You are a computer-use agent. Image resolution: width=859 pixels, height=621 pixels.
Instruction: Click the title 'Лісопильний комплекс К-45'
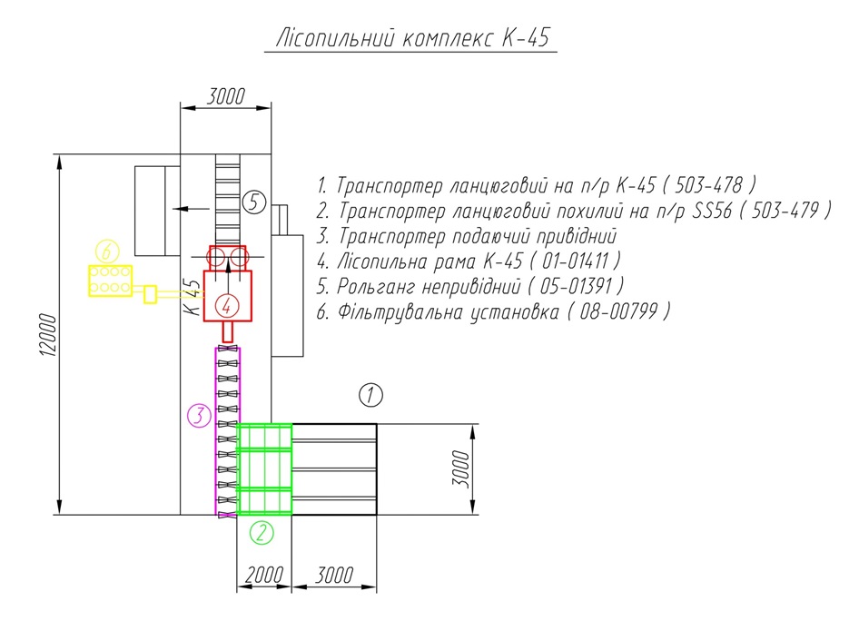pyautogui.click(x=411, y=38)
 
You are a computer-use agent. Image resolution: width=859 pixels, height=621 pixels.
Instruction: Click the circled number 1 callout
pyautogui.click(x=370, y=395)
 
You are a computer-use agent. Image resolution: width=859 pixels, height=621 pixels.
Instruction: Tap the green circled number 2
pyautogui.click(x=262, y=532)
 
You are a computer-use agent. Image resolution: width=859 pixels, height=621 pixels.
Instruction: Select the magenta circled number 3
pyautogui.click(x=199, y=416)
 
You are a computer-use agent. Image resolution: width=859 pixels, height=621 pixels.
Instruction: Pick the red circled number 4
pyautogui.click(x=227, y=306)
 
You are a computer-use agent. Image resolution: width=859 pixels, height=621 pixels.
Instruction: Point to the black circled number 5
pyautogui.click(x=254, y=202)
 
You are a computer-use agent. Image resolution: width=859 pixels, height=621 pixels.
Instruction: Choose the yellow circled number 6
pyautogui.click(x=107, y=251)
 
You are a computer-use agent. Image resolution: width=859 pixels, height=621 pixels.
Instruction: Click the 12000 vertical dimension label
pyautogui.click(x=48, y=335)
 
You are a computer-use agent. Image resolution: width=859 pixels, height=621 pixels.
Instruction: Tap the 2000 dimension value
pyautogui.click(x=264, y=575)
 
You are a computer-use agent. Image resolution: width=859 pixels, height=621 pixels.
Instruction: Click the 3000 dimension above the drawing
pyautogui.click(x=225, y=96)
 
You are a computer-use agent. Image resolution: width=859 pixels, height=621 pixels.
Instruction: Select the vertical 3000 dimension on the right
pyautogui.click(x=461, y=468)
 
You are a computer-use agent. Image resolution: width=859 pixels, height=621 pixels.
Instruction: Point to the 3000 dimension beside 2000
pyautogui.click(x=334, y=575)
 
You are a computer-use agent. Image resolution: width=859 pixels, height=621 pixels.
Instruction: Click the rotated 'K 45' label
pyautogui.click(x=193, y=297)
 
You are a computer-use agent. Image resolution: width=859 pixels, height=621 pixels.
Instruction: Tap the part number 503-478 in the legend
pyautogui.click(x=708, y=185)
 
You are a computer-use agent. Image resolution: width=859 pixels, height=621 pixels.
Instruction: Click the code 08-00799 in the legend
pyautogui.click(x=618, y=311)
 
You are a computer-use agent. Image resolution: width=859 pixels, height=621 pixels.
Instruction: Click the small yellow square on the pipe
pyautogui.click(x=150, y=295)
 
